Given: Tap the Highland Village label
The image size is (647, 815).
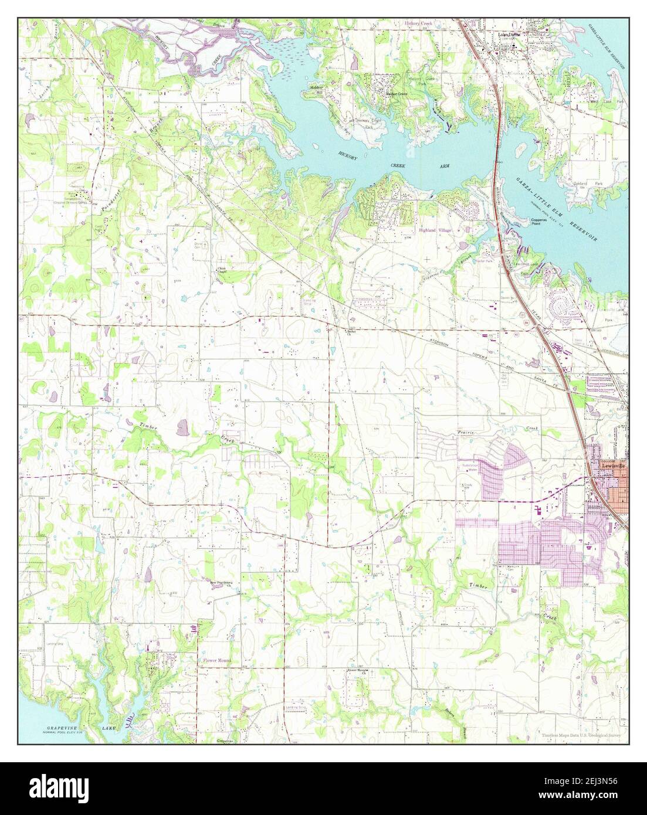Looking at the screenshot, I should (x=436, y=230).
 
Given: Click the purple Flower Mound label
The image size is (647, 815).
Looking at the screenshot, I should (x=217, y=660).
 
